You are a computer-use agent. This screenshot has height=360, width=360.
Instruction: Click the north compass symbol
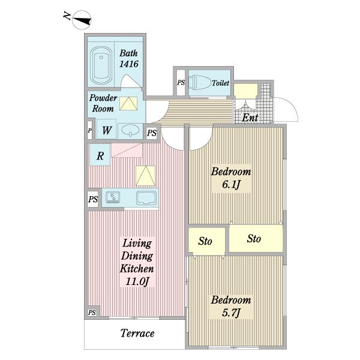coord(82,20)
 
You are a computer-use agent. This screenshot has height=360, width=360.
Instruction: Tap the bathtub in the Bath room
coord(101,65)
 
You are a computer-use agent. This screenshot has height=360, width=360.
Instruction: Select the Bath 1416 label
coord(128,59)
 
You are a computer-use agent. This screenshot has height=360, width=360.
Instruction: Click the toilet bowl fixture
coord(202,82)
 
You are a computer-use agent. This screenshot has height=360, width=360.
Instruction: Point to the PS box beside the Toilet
coord(181,82)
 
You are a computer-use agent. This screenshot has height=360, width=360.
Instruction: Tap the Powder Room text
coord(103,103)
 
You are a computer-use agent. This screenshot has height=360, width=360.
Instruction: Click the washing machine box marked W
coord(107,130)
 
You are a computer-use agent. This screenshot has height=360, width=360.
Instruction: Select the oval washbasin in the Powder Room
coord(130,130)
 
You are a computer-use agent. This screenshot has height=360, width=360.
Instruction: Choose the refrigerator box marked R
coord(100,155)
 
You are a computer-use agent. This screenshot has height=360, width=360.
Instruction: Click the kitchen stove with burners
coord(113,197)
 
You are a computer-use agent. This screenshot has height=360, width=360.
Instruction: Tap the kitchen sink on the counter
coord(146,198)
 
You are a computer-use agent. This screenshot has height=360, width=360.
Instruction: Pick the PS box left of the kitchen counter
coord(93,199)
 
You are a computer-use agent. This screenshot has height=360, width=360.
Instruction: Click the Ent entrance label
coord(250,118)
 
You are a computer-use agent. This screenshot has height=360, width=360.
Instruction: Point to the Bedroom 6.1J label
coord(231,178)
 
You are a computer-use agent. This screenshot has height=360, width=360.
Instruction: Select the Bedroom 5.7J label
coord(231,306)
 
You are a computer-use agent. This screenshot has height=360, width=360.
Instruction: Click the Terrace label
coord(137,333)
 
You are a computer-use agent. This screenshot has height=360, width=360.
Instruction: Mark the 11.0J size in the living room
coord(137,281)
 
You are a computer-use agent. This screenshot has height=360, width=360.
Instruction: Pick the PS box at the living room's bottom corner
coord(92,313)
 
